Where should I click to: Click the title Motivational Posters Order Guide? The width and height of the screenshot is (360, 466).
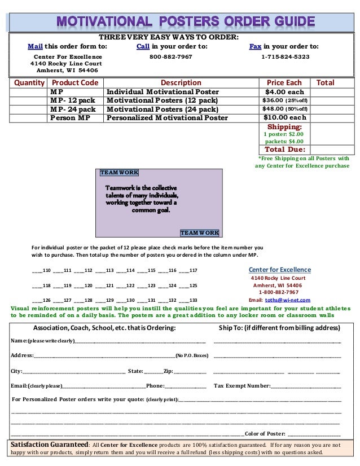coord(183,22)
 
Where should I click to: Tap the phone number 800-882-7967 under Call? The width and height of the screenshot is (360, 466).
coord(170,57)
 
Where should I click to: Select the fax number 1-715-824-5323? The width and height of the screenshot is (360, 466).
coord(285,57)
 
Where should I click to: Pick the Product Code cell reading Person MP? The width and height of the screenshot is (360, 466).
coord(70,118)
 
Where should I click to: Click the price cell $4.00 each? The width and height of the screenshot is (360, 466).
coord(284,92)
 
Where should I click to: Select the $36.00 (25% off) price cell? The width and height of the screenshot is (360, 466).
coord(284,100)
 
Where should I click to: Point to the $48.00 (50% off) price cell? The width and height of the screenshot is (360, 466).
coord(284,109)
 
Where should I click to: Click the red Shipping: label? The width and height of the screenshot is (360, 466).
coord(284,127)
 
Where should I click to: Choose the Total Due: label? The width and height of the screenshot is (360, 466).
coord(284,150)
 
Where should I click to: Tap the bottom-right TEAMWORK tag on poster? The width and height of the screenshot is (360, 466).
coord(199,232)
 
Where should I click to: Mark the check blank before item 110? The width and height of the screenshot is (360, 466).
coord(37,271)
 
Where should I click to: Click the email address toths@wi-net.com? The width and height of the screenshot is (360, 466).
coord(287,300)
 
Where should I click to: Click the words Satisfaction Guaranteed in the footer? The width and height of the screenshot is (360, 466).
coord(50,444)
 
